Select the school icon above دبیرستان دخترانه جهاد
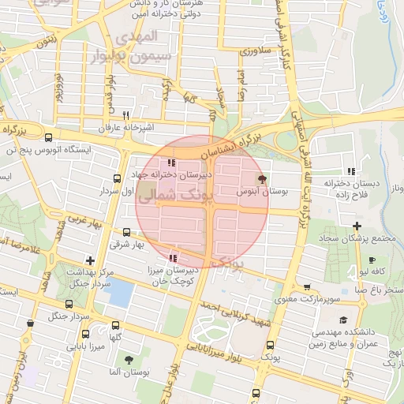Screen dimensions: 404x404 (171, 163)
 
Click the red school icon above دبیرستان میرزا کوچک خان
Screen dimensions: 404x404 (173, 257)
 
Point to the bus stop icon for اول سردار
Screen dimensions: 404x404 (117, 179)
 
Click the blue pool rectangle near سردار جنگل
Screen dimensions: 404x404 (118, 294)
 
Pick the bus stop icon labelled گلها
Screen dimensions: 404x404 (117, 326)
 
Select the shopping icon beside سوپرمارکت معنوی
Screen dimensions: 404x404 (306, 287)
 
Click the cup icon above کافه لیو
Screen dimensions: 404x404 (371, 260)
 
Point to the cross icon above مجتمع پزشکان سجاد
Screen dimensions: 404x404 (357, 226)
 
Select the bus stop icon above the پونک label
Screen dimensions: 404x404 (271, 345)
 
